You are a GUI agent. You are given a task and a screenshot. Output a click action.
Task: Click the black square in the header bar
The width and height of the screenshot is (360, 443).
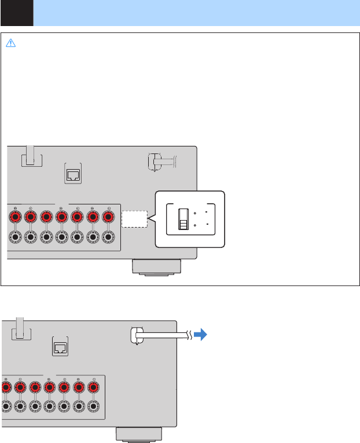click(x=17, y=13)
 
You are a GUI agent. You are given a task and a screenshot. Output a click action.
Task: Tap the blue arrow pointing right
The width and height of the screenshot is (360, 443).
click(x=200, y=335)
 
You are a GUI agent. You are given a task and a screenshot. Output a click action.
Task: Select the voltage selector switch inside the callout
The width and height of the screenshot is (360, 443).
click(x=182, y=219)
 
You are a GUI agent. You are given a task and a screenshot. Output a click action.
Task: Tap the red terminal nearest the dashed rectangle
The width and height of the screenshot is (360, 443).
click(x=108, y=217)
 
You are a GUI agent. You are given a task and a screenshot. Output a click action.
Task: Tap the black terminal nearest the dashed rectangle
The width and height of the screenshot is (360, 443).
click(x=108, y=237)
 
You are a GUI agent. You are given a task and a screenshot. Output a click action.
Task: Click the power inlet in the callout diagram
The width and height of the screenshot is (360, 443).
click(x=155, y=162)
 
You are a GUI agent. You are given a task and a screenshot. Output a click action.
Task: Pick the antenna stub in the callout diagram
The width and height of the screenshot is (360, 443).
click(x=31, y=156)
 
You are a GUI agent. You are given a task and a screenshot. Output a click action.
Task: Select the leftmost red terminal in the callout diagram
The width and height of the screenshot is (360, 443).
click(x=14, y=217)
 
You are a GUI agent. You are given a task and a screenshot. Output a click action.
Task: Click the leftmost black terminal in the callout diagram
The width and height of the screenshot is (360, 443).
click(x=14, y=237)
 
